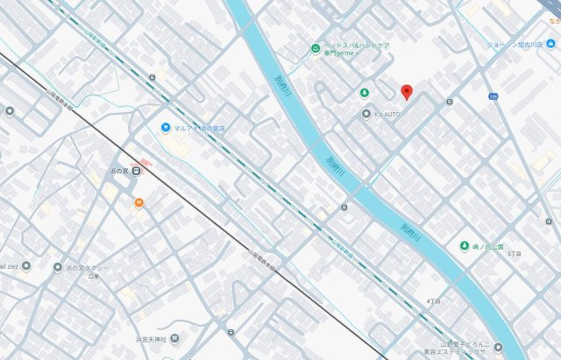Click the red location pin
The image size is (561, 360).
click(406, 92)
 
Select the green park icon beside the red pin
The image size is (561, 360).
click(364, 93)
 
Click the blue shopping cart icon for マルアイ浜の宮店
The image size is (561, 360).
click(165, 128)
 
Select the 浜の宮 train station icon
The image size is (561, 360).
click(137, 171)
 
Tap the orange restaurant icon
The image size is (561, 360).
click(138, 203)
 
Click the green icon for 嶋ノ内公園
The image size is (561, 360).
click(464, 246)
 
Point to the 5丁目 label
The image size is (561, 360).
click(514, 253)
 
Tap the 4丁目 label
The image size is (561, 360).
click(433, 300)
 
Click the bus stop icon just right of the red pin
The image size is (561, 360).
click(449, 102)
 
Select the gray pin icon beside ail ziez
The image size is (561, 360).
click(25, 265)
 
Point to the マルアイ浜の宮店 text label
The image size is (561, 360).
click(199, 129)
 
